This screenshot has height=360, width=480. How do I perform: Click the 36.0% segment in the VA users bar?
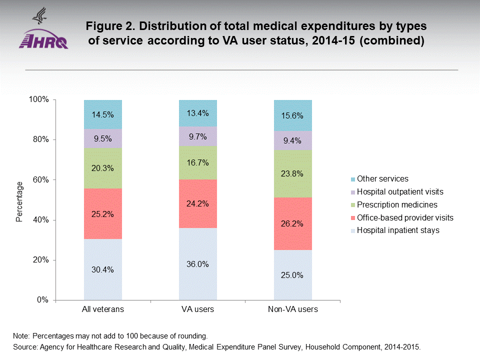coord(198,264)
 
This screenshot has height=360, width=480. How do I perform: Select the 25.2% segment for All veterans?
coord(103,214)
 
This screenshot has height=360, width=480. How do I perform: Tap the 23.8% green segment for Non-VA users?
coord(293,174)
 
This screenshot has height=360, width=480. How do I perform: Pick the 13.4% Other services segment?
coord(198,113)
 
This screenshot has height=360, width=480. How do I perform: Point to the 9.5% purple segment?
coord(103,138)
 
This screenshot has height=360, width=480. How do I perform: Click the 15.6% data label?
coord(293,115)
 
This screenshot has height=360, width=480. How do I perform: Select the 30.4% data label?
coord(103,269)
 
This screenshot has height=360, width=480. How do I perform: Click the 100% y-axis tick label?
coord(39,100)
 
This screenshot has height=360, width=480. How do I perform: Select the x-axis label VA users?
coord(198,309)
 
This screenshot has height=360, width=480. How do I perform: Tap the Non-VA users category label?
coord(293,309)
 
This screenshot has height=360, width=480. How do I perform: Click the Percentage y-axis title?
coord(19,201)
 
